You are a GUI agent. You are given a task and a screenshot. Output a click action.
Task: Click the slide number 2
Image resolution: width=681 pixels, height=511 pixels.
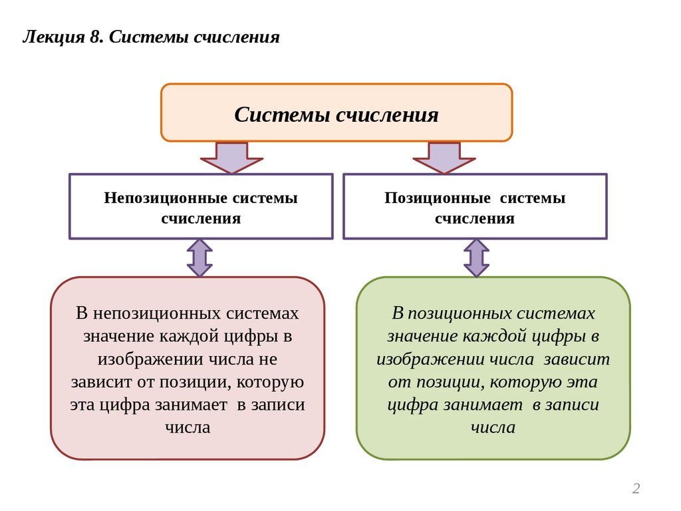coord(636,489)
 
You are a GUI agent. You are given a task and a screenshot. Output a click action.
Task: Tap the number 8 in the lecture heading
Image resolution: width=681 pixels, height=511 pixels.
coord(94,36)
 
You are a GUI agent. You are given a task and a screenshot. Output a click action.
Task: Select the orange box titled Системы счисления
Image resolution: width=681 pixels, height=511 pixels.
coord(337,112)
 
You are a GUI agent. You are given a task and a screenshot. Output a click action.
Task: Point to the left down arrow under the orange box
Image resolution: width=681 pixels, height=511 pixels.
coord(231,158)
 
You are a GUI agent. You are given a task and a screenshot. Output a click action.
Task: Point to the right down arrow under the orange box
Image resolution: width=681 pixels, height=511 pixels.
coord(444,158)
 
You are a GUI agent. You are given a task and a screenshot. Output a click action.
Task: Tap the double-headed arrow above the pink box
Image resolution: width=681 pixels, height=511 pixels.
coord(200,258)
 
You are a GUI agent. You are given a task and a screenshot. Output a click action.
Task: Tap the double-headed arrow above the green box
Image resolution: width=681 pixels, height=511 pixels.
coord(476,258)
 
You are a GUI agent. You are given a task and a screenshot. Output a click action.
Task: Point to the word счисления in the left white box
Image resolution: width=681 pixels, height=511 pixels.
coord(201,218)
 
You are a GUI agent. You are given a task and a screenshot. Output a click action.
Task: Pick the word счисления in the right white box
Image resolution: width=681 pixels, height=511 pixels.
coord(475,218)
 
